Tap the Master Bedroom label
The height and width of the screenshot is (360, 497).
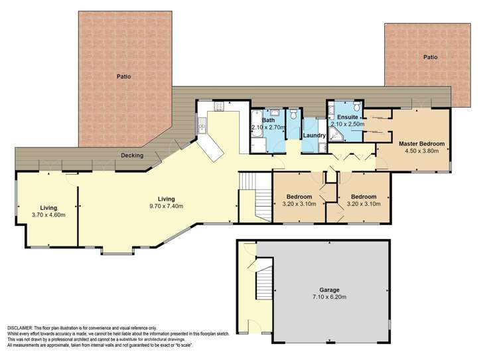click(421, 143)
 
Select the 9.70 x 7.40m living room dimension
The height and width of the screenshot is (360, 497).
click(165, 207)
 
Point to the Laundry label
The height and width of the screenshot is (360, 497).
click(313, 136)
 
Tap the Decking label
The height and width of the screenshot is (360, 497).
click(133, 155)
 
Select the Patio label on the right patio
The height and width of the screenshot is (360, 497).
click(431, 57)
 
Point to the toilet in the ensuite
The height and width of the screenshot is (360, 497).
click(356, 108)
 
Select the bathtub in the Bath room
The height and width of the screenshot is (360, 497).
click(257, 140)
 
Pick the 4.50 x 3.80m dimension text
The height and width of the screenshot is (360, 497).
click(421, 150)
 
